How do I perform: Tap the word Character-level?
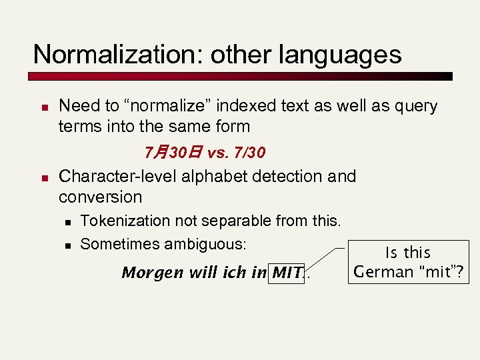click(x=109, y=177)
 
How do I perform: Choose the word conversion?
click(x=101, y=197)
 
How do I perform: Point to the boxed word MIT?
click(x=288, y=273)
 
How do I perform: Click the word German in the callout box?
click(x=383, y=272)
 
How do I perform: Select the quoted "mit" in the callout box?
click(x=441, y=272)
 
